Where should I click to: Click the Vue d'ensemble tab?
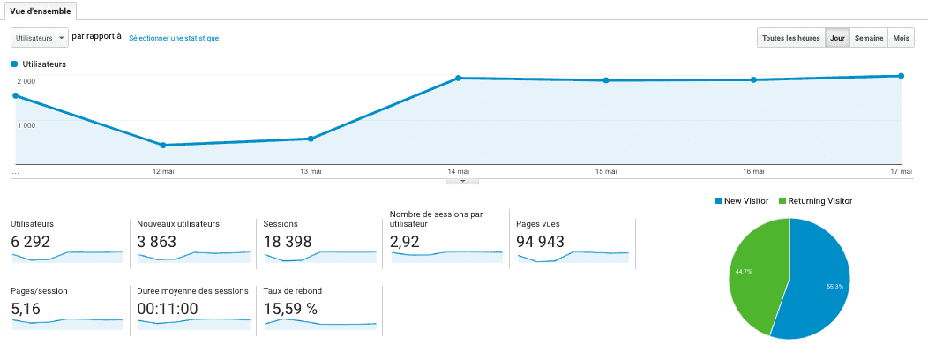coord(40,11)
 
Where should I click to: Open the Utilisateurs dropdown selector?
coord(40,38)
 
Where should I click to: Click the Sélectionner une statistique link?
coord(174,38)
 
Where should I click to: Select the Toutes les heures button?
coord(790,38)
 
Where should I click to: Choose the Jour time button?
coord(837,38)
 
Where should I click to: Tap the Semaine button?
coord(869,38)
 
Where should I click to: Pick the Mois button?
coord(902,38)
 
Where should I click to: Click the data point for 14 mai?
coord(459,78)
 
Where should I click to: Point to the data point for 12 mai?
coord(163,145)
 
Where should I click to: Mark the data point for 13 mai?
coord(311,139)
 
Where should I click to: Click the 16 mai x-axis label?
coord(752,171)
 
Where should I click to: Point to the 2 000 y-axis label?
coord(26,81)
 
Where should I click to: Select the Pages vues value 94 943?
coord(540,241)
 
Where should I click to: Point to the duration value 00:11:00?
coord(168,309)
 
